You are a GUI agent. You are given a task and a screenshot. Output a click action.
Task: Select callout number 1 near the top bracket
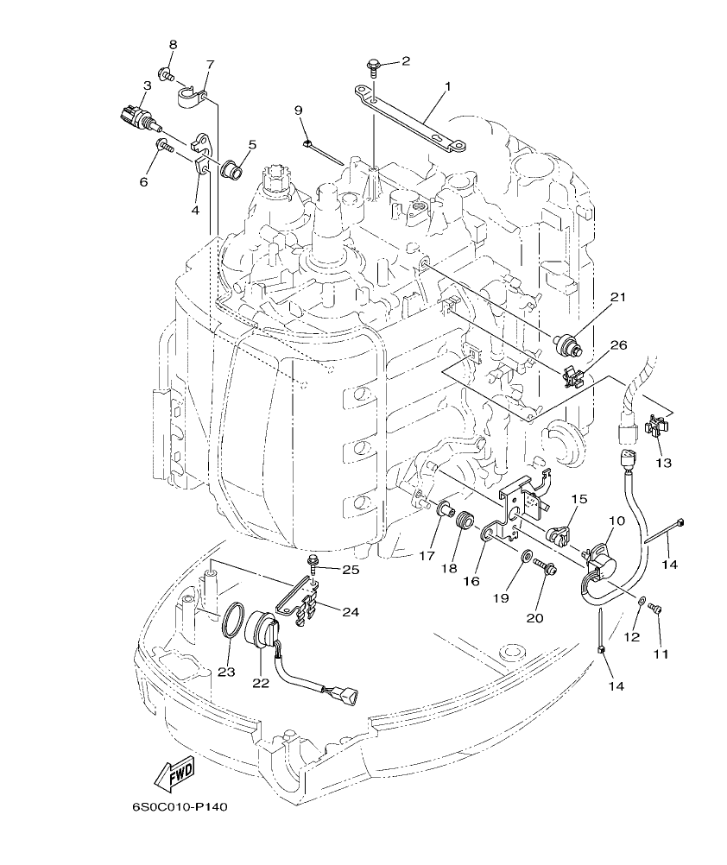coord(448,87)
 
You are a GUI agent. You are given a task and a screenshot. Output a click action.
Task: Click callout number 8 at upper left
coord(173,44)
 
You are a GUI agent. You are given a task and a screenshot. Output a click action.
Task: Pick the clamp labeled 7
coord(190,95)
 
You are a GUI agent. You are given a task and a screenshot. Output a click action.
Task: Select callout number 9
coord(298,110)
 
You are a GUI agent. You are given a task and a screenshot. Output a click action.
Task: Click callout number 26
coord(617,345)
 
